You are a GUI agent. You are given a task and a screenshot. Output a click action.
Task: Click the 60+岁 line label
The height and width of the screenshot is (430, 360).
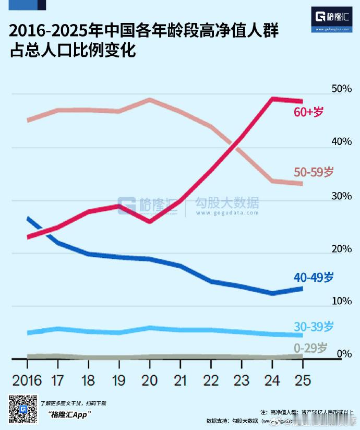pyautogui.click(x=309, y=111)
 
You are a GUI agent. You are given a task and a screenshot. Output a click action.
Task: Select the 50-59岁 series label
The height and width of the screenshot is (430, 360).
pyautogui.click(x=313, y=172)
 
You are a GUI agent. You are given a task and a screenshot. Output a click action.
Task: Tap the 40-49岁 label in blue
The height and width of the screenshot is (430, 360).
pyautogui.click(x=313, y=277)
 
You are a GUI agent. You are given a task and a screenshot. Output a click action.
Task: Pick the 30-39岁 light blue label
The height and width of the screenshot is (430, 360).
pyautogui.click(x=313, y=327)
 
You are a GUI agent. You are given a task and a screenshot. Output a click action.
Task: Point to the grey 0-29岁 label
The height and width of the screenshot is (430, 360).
pyautogui.click(x=310, y=348)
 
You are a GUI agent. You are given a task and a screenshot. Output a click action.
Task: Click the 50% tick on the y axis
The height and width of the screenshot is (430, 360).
pyautogui.click(x=342, y=89)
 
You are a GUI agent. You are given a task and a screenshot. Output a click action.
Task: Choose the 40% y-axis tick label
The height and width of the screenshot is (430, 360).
pyautogui.click(x=342, y=142)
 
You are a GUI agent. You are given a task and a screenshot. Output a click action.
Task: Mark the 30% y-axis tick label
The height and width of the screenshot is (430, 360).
pyautogui.click(x=342, y=196)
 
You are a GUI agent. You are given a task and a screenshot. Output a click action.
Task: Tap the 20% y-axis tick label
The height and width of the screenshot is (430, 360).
pyautogui.click(x=342, y=248)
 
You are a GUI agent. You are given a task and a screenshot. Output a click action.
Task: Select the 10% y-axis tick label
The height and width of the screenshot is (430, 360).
pyautogui.click(x=342, y=301)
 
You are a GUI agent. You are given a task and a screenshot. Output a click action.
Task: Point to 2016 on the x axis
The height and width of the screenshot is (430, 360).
pyautogui.click(x=27, y=379)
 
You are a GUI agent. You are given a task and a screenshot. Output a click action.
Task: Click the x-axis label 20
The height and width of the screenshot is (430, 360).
pyautogui.click(x=150, y=379)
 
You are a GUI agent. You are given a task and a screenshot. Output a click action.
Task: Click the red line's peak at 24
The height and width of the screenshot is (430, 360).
pyautogui.click(x=272, y=98)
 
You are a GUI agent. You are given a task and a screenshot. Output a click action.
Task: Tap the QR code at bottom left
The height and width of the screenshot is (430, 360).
pyautogui.click(x=22, y=410)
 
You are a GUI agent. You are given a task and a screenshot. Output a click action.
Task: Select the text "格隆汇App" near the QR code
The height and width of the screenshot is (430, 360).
pyautogui.click(x=69, y=414)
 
